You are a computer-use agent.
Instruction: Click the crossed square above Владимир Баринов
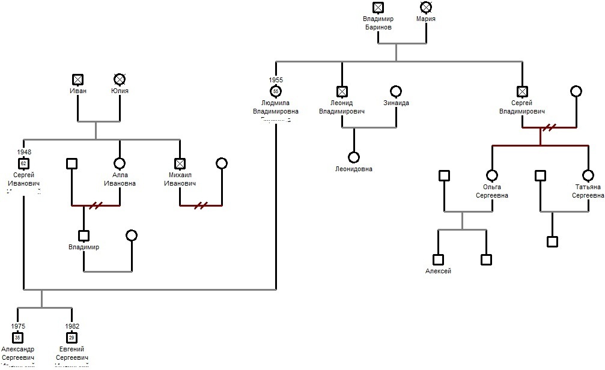pos(378,7)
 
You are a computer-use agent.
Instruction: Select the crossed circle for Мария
pos(426,7)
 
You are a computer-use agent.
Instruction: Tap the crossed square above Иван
pos(78,79)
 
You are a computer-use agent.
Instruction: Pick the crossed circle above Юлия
pos(120,79)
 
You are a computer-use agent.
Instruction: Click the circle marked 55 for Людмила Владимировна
pos(276,91)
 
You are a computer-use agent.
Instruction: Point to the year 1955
pos(276,80)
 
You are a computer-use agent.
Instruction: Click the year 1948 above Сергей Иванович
pos(24,153)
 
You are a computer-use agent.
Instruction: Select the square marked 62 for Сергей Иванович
pos(23,163)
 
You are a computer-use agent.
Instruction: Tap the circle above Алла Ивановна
pos(120,163)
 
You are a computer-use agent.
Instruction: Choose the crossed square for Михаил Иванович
pos(180,163)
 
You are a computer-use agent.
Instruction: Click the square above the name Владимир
pos(84,235)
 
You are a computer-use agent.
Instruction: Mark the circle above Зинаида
pos(396,91)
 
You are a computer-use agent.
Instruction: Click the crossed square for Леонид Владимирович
pos(342,91)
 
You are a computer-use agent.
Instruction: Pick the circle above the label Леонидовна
pos(354,157)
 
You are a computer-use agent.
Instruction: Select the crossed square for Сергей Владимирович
pos(522,91)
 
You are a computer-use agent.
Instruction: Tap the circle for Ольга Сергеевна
pos(492,175)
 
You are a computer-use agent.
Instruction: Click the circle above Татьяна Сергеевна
pos(588,175)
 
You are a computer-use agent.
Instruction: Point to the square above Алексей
pos(438,259)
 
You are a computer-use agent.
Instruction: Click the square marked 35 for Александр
pos(17,338)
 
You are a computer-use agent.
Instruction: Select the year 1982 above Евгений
pos(71,327)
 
